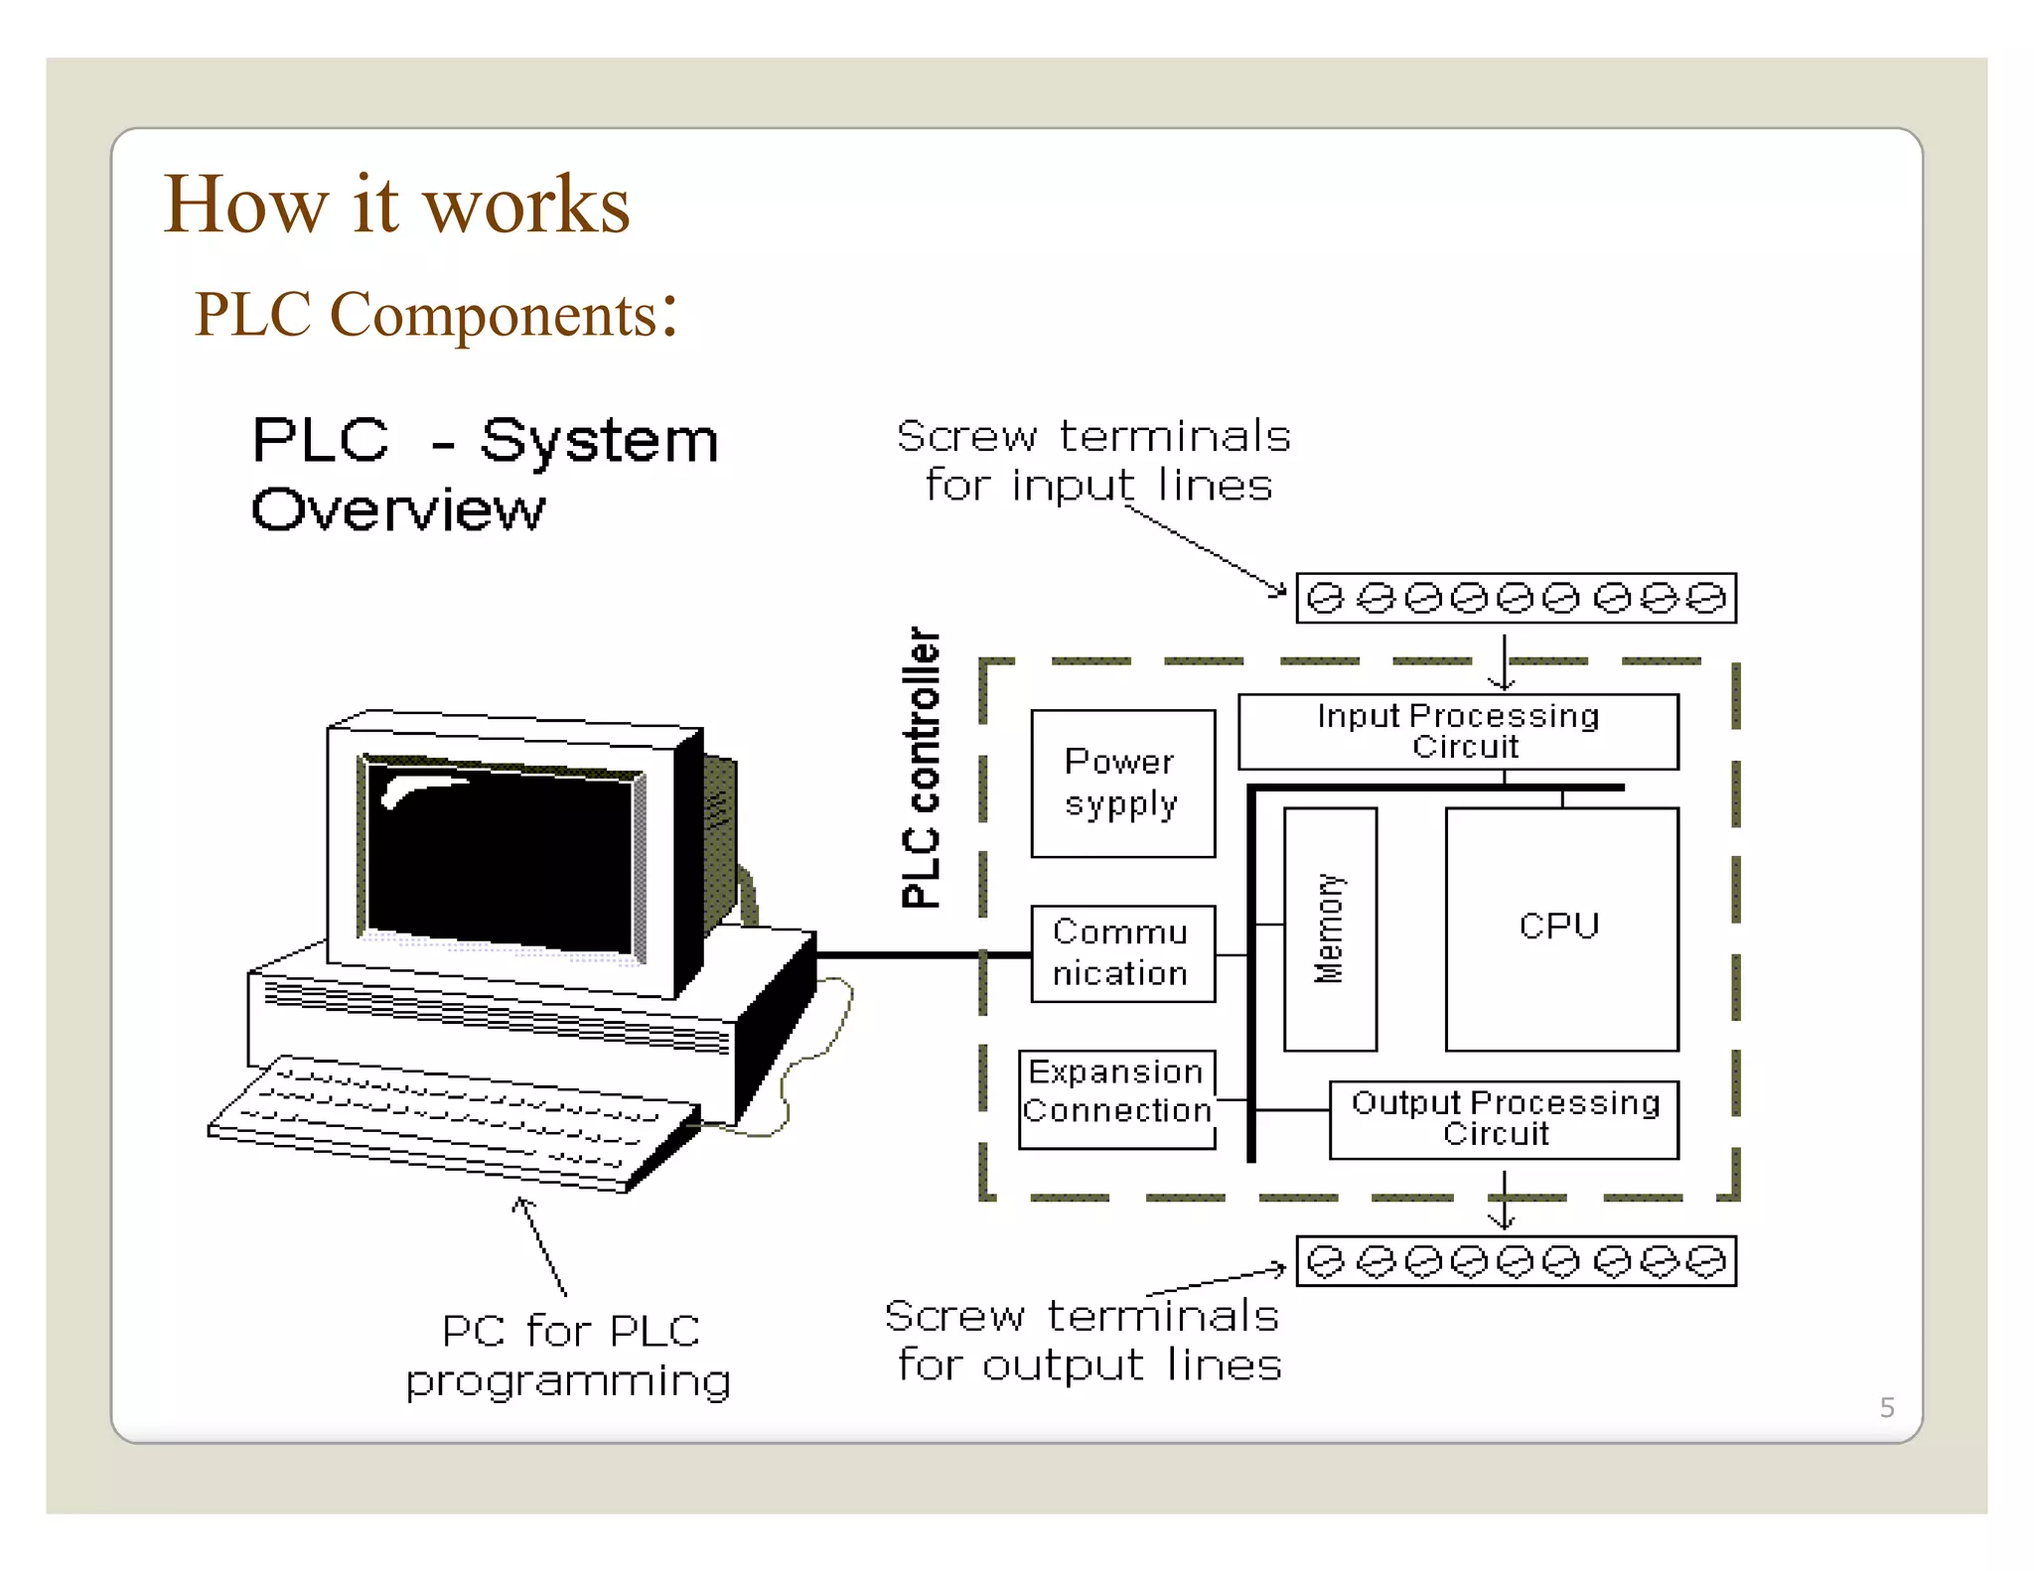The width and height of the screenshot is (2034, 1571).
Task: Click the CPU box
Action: tap(1561, 928)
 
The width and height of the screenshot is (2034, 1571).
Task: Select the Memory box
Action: tap(1330, 928)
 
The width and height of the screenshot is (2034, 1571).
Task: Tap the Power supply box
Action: tap(1122, 783)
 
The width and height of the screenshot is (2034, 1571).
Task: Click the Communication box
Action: tap(1122, 953)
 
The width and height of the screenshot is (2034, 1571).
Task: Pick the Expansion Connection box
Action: tap(1116, 1099)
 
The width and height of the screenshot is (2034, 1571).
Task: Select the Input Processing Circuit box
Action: tap(1458, 731)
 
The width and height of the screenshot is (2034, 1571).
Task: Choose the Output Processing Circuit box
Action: tap(1504, 1119)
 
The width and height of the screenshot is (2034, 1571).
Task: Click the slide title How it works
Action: tap(396, 205)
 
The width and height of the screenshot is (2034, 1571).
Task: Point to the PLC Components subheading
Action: tap(435, 315)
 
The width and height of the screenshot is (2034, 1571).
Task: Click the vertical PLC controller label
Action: tap(921, 767)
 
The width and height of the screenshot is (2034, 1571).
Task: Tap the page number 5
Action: tap(1887, 1407)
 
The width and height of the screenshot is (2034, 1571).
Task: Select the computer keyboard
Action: tap(452, 1122)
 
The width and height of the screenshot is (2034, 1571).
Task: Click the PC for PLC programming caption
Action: tap(569, 1356)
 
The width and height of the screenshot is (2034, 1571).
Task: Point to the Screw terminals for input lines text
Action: tap(1093, 461)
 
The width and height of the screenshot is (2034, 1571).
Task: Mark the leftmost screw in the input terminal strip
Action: tap(1325, 599)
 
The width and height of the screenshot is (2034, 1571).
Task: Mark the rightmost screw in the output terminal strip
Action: tap(1706, 1261)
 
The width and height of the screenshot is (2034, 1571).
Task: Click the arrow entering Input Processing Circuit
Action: tap(1504, 662)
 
